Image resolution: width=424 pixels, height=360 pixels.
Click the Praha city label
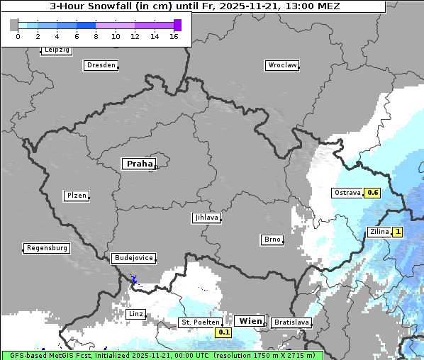pos(138,164)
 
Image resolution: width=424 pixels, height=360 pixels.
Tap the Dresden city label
pos(101,65)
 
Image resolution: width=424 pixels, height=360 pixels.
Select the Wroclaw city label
pos(281,65)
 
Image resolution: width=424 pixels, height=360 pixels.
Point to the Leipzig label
pos(56,50)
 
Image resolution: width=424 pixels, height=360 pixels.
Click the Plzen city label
pos(76,196)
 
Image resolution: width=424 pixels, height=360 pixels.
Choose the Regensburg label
pos(47,248)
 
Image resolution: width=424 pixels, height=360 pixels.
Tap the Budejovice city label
pos(133,258)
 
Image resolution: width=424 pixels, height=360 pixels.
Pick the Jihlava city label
pos(206,218)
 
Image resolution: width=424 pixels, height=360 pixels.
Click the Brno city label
pos(272,240)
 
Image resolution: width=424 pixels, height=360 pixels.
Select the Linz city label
pos(135,313)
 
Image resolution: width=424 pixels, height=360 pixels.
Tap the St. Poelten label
pos(201,322)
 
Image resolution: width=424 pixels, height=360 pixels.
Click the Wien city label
pos(251,321)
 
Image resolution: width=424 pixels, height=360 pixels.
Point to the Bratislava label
pos(291,322)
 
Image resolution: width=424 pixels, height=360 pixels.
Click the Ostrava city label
pos(347,193)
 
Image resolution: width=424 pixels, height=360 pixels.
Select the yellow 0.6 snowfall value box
pos(373,193)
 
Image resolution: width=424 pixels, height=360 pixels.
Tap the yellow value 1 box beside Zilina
pos(398,232)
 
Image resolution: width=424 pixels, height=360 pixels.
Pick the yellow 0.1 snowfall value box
pos(224,332)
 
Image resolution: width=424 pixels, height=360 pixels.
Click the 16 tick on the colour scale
pos(174,36)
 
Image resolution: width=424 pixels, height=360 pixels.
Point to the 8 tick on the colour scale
pos(96,36)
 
